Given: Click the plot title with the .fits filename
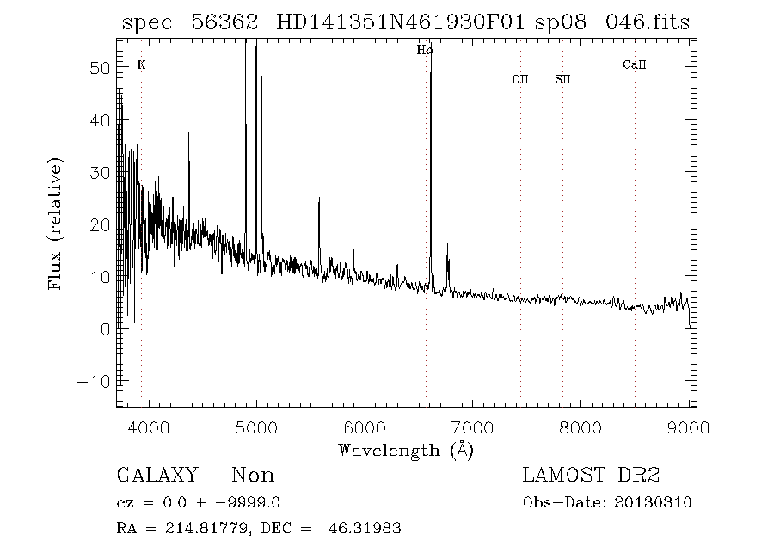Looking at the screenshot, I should pos(406,22).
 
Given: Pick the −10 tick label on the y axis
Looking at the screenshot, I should pos(92,381).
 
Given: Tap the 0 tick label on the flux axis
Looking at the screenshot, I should pos(103,329).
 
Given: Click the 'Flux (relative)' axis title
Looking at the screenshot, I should pos(57,224).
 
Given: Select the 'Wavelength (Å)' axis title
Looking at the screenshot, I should pos(406,450).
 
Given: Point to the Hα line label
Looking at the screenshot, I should pos(425,51).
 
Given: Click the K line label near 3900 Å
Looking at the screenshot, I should pos(141,64).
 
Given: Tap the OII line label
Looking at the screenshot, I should pos(519,80).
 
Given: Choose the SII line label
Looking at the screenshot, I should pos(562,80).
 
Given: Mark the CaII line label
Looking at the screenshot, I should pos(634,64).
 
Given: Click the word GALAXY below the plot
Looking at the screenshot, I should pos(157,476).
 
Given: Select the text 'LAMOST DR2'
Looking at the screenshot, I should pos(591,476).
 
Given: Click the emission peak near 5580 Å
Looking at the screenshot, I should pos(319,199).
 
